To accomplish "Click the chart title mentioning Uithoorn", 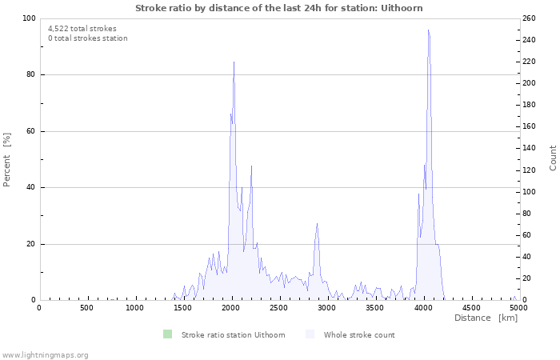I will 279,8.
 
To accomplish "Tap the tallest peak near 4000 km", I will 429,30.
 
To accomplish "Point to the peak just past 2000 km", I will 234,62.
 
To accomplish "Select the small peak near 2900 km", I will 318,224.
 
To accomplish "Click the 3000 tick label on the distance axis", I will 326,308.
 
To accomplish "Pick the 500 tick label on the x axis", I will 86,308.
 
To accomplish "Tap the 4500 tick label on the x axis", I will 470,308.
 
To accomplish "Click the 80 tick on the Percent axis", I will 30,75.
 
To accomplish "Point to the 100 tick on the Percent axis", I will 27,18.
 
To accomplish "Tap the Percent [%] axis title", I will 7,159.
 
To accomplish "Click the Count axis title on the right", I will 553,158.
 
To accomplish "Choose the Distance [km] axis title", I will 486,318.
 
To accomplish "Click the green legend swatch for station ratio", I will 167,334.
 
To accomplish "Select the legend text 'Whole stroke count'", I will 359,335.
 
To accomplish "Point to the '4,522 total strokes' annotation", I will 82,29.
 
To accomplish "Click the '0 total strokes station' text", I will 88,38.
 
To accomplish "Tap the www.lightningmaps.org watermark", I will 46,355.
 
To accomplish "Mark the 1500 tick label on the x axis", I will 182,308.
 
